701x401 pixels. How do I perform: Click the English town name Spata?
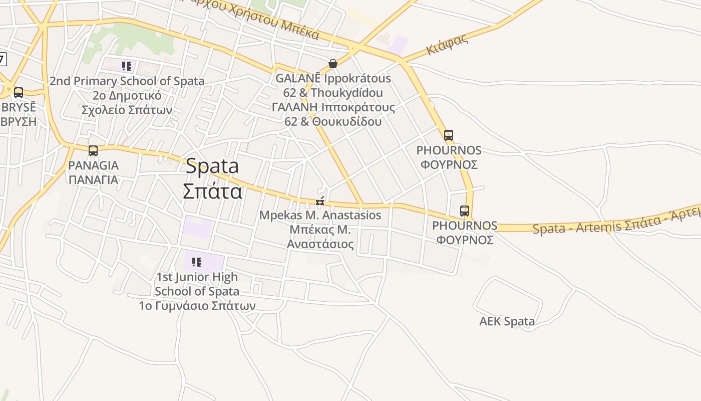(212, 166)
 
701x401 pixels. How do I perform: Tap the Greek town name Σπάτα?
(212, 191)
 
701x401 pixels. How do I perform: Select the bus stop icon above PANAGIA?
(93, 150)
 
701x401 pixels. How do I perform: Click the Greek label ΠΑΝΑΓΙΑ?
(93, 180)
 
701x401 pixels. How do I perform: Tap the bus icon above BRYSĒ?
(19, 93)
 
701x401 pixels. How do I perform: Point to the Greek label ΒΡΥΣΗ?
(19, 122)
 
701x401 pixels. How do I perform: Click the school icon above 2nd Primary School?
(127, 66)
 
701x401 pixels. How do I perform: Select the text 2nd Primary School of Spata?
(127, 81)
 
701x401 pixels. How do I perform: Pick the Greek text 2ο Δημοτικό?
(127, 96)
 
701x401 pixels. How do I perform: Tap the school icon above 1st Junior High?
(197, 262)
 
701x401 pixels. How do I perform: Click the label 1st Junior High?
(197, 277)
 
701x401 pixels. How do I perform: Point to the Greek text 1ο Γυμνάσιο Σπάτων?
(197, 306)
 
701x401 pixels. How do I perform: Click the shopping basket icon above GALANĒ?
(332, 64)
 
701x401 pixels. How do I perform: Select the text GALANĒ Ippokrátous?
(333, 79)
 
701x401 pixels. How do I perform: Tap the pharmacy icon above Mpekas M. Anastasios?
(320, 202)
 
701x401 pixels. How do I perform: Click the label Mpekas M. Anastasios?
(320, 216)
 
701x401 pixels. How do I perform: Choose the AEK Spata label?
(507, 321)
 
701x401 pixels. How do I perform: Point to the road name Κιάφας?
(447, 45)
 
